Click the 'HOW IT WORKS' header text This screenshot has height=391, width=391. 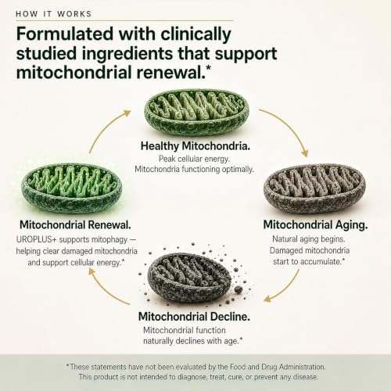[53, 14]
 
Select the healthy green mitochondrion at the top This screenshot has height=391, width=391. [196, 112]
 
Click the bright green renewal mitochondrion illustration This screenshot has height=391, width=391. [71, 189]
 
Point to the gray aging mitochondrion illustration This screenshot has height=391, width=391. [314, 188]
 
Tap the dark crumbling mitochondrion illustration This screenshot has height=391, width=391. [189, 278]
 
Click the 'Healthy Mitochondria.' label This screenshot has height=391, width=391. [195, 146]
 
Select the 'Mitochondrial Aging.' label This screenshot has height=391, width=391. [315, 225]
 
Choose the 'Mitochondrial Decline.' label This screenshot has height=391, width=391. [194, 317]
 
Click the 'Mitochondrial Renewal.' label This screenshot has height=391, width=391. [75, 224]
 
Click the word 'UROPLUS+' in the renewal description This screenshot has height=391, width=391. [36, 239]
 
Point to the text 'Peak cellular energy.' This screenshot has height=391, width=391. [194, 159]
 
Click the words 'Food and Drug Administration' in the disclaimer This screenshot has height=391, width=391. [278, 367]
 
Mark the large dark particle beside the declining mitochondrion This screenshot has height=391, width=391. [238, 289]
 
